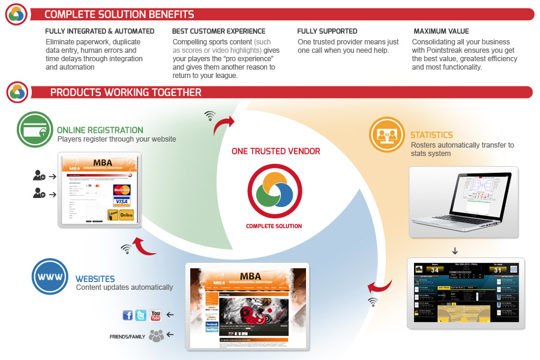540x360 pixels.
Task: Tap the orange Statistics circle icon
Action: pos(386,134)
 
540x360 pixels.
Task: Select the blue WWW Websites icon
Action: pos(49,277)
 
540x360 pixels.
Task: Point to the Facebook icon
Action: pos(127,314)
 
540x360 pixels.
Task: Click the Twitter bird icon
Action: pos(141,314)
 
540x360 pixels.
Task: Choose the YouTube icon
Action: pos(156,314)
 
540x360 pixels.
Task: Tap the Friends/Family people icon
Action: pos(156,335)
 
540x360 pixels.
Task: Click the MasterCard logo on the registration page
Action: pos(122,191)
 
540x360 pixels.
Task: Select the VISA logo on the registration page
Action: pos(122,202)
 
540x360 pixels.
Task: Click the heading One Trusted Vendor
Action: pos(275,152)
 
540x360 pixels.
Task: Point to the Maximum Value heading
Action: pos(441,31)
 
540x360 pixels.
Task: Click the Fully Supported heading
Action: pos(327,31)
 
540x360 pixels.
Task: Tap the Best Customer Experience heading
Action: pos(218,31)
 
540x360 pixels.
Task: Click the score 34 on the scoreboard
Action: pos(434,270)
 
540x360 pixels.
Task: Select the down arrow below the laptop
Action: pos(455,251)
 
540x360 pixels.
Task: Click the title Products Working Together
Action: pos(125,93)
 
